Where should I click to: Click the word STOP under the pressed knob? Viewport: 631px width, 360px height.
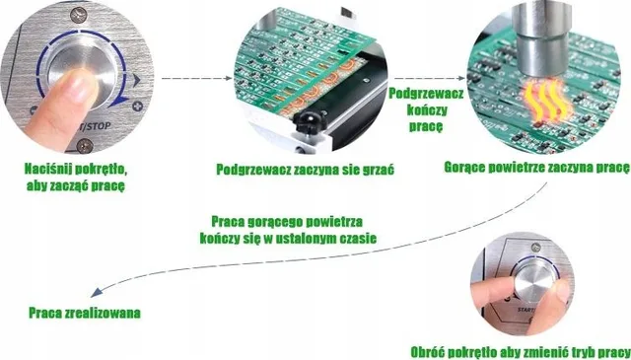pyautogui.click(x=100, y=126)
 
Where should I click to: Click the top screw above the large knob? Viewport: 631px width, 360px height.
pyautogui.click(x=79, y=15)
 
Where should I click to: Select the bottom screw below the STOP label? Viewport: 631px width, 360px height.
pyautogui.click(x=85, y=146)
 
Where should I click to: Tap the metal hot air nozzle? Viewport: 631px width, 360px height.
pyautogui.click(x=542, y=38)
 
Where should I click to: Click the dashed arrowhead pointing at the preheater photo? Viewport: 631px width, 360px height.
pyautogui.click(x=229, y=78)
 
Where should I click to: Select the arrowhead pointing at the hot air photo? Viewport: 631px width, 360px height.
pyautogui.click(x=461, y=78)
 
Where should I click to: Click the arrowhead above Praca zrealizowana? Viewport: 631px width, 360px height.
pyautogui.click(x=95, y=293)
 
